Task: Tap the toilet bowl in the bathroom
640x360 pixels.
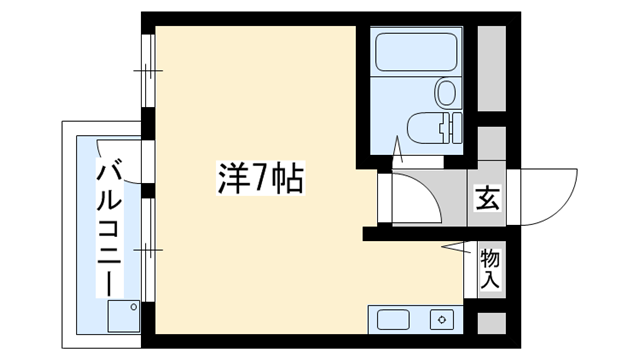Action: (x=424, y=128)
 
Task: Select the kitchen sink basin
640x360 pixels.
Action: (x=393, y=320)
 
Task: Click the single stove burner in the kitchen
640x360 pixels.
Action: (x=440, y=320)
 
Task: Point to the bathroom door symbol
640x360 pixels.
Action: (x=397, y=151)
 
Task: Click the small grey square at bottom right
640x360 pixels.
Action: (x=491, y=323)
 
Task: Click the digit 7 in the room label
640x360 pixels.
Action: (x=258, y=180)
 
